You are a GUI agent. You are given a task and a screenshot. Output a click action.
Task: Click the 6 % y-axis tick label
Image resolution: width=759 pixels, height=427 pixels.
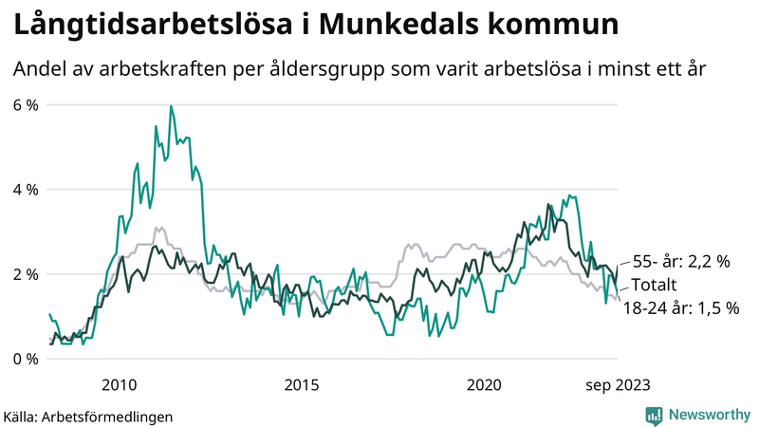click(x=26, y=104)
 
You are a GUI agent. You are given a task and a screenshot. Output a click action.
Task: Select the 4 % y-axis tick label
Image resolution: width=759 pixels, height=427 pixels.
click(x=26, y=189)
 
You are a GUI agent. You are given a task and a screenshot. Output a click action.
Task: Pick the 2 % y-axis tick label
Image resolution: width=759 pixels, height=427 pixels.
click(x=26, y=274)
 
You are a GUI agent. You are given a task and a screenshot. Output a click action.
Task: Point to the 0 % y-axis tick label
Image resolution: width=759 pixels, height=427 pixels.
click(x=26, y=359)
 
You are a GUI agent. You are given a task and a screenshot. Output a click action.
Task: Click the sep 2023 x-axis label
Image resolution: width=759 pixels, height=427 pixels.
click(x=618, y=384)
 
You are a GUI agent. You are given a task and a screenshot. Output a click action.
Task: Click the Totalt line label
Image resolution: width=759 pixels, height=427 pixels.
click(x=660, y=285)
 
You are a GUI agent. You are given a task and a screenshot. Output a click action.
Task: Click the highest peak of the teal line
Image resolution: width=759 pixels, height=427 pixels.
click(x=171, y=106)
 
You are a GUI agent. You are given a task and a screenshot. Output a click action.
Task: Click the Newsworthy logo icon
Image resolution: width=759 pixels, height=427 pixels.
click(x=654, y=415)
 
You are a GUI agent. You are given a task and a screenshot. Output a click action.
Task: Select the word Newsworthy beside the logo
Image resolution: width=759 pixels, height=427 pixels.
click(x=708, y=415)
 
